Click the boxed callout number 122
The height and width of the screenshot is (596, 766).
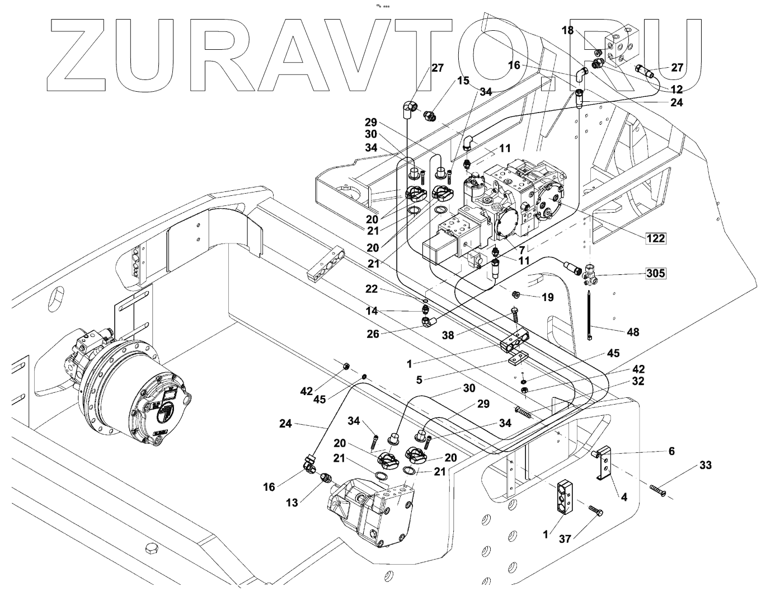point(656,238)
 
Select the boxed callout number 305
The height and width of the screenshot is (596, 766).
point(656,273)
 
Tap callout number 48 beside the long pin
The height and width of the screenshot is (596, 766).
point(633,332)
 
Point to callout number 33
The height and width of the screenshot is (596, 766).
point(706,465)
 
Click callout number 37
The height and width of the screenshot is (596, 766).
point(565,539)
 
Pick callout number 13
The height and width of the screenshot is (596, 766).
point(292,503)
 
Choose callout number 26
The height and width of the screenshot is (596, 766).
point(373,334)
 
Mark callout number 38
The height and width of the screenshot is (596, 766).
point(448,335)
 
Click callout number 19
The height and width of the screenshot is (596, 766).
point(547,298)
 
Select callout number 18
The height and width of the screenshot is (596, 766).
point(567,30)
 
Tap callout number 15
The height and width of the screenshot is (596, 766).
point(463,81)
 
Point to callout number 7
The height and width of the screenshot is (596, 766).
point(521,250)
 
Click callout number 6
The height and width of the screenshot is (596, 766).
point(671,451)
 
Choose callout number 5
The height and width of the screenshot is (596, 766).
point(419,379)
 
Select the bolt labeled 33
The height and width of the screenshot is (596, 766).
point(658,491)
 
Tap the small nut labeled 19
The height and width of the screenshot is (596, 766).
point(515,294)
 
